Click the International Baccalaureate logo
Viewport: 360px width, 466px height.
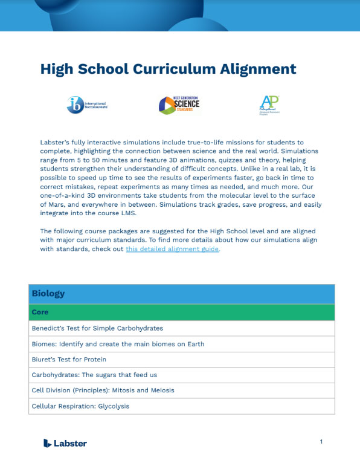tap(83, 105)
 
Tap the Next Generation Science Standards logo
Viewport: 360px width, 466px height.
tap(179, 105)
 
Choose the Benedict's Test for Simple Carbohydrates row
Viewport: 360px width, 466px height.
tap(97, 328)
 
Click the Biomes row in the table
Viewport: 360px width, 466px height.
tap(118, 344)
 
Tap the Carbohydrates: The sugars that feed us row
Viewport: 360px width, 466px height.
tap(94, 375)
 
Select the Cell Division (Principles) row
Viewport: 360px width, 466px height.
tap(103, 390)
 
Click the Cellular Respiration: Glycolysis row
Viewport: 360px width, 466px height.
tap(80, 406)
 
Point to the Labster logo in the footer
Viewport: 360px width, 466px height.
tap(65, 443)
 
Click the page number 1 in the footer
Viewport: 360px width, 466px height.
tap(321, 442)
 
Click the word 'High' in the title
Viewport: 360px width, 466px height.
tap(57, 69)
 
